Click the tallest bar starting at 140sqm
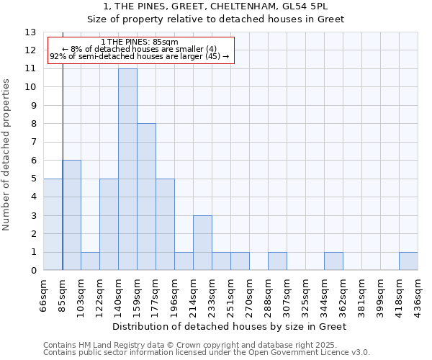(x=127, y=169)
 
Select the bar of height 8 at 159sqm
(x=146, y=197)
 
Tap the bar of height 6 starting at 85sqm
(x=71, y=215)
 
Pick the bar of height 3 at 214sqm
(x=202, y=243)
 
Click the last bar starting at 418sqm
(x=408, y=261)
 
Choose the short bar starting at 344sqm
(x=333, y=261)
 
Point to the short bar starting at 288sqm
(x=277, y=261)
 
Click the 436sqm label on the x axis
(x=418, y=294)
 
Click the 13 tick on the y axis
(x=30, y=32)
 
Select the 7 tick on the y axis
(x=32, y=143)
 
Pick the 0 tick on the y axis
(x=32, y=271)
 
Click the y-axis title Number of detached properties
(x=7, y=155)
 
